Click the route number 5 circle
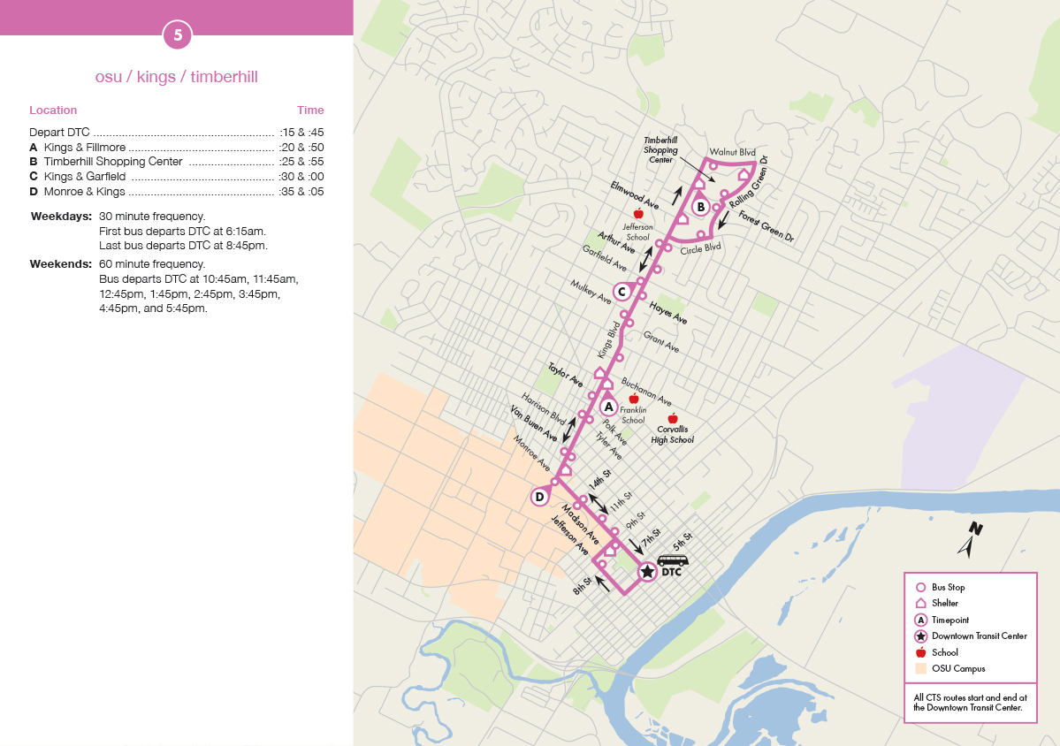pos(178,35)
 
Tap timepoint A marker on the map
pos(608,407)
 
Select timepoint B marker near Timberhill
pos(700,208)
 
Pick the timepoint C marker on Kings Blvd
pos(622,292)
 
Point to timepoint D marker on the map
pos(539,497)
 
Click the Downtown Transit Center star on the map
pos(647,572)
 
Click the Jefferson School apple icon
pos(638,214)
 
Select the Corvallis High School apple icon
pos(672,418)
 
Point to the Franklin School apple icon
pos(633,400)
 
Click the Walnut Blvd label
pos(733,153)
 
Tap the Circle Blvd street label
pos(701,248)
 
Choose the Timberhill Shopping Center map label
pos(660,150)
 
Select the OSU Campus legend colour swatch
pos(920,668)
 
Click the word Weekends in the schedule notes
pos(60,264)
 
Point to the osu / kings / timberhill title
pos(177,77)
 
